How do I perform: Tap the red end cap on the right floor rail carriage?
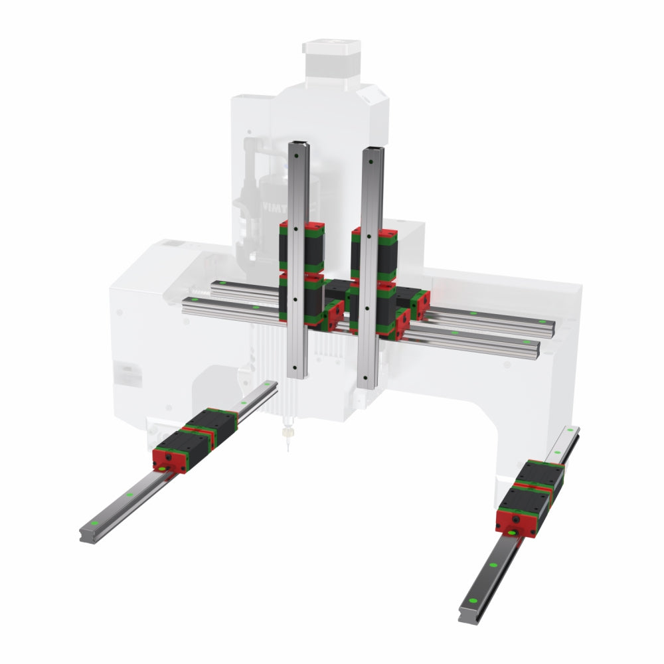pos(516,522)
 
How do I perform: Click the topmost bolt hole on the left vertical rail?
pos(295,157)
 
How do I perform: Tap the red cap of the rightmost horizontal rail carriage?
pos(420,303)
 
